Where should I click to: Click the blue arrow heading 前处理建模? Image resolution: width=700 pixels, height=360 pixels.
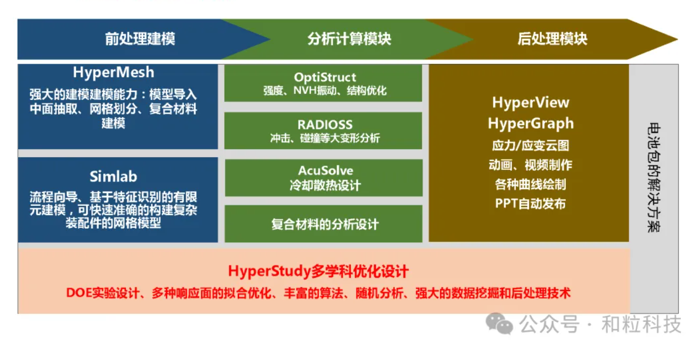(140, 39)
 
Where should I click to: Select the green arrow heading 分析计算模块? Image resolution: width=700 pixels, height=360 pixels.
(349, 39)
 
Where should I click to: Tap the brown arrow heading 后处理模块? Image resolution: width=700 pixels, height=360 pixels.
(552, 39)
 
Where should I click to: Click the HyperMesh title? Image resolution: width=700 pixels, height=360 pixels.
(114, 73)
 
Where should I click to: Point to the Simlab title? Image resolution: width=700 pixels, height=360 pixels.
(114, 177)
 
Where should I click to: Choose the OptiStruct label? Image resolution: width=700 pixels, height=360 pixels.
(325, 77)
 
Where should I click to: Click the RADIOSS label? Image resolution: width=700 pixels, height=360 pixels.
(325, 125)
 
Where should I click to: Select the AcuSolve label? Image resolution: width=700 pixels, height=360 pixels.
(325, 170)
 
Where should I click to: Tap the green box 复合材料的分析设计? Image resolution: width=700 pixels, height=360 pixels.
(323, 224)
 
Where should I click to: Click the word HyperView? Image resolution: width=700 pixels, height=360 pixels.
(531, 102)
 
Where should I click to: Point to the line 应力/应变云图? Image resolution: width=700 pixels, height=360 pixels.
(531, 145)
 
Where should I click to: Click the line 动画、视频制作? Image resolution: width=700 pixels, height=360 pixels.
(531, 165)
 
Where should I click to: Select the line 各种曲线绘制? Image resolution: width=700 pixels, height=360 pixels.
(531, 184)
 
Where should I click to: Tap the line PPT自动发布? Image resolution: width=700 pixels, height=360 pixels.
(531, 203)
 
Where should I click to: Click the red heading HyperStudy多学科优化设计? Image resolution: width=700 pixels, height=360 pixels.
(318, 271)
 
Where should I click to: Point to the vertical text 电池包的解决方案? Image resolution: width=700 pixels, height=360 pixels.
(654, 177)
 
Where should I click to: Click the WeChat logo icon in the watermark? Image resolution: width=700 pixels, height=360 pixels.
(499, 323)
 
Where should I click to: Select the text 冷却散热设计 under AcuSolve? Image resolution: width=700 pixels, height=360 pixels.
(325, 185)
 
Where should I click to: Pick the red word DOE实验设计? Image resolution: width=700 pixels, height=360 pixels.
(102, 293)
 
